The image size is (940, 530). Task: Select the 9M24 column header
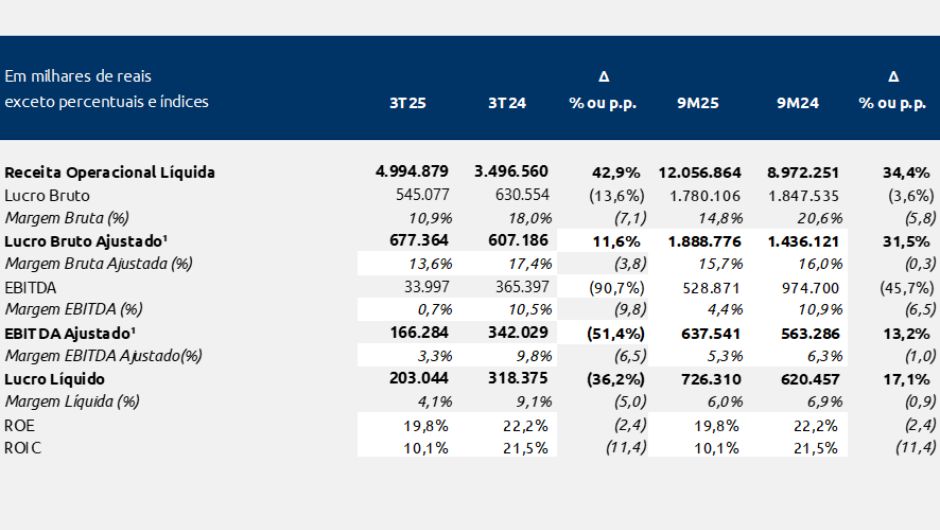[797, 103]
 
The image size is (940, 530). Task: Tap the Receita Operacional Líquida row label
[110, 172]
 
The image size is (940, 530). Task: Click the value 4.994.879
[410, 171]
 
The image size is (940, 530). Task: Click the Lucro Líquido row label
[55, 379]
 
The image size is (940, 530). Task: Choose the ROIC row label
[23, 448]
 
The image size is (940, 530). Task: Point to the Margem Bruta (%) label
[67, 217]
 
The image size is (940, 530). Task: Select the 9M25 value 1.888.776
[703, 240]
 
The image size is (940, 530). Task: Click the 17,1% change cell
[906, 379]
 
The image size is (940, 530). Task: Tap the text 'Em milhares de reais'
[78, 76]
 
